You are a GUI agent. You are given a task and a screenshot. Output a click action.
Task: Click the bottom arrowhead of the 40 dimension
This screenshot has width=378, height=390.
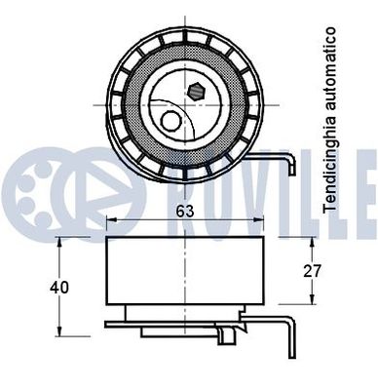[x=62, y=329]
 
